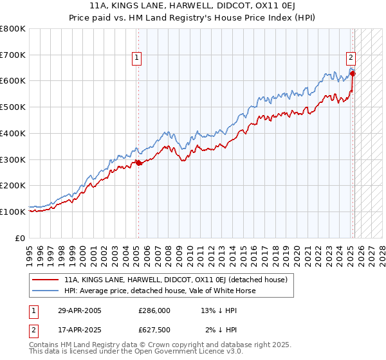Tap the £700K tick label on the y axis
[14, 55]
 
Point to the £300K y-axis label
[14, 159]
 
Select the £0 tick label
[20, 238]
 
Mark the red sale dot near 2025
[353, 73]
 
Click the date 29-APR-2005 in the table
[80, 310]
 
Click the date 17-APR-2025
[80, 330]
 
